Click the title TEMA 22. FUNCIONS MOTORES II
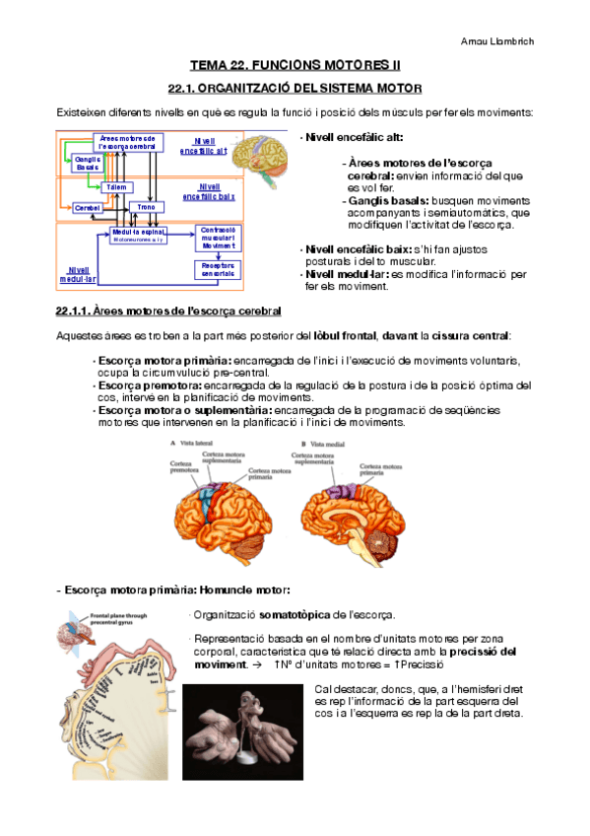295,65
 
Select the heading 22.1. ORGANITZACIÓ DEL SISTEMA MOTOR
295,89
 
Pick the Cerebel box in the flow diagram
88,208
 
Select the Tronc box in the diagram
146,208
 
